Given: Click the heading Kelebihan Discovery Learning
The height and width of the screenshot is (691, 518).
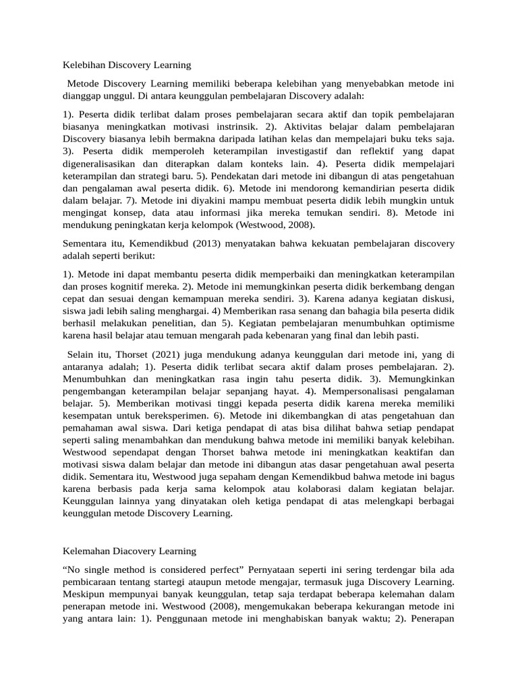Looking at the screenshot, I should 127,65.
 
